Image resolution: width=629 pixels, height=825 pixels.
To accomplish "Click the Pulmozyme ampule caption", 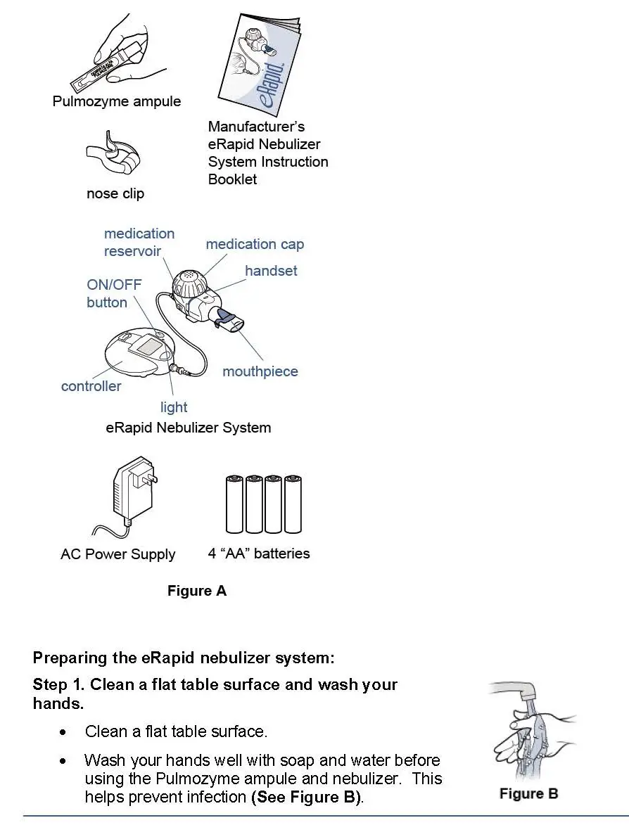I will click(x=117, y=101).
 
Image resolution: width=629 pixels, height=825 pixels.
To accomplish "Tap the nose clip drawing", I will click(x=113, y=159).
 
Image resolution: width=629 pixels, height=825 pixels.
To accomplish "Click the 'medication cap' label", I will click(x=255, y=244).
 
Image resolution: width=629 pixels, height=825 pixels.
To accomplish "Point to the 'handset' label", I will click(x=271, y=271).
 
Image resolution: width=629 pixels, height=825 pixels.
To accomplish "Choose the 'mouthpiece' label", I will click(x=260, y=371).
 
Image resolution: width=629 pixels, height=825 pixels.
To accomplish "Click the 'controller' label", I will click(x=91, y=386).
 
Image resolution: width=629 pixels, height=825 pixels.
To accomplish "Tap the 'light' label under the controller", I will click(x=174, y=407).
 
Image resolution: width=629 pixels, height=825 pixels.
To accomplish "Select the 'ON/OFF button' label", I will click(x=113, y=294).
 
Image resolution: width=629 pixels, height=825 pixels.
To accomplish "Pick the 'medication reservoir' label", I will click(x=139, y=242).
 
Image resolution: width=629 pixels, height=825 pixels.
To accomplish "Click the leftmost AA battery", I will click(x=234, y=504).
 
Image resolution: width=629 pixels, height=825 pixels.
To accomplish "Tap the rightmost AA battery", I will click(x=293, y=504).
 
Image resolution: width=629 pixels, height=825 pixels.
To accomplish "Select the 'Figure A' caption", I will click(x=197, y=591).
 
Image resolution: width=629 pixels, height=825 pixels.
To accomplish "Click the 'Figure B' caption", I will click(x=528, y=793).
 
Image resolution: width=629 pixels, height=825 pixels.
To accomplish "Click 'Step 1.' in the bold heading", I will click(x=59, y=684).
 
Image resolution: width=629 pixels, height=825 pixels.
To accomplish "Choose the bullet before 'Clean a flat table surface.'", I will click(x=64, y=732).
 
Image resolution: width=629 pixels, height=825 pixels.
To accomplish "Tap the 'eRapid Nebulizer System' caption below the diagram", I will click(x=188, y=428).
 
